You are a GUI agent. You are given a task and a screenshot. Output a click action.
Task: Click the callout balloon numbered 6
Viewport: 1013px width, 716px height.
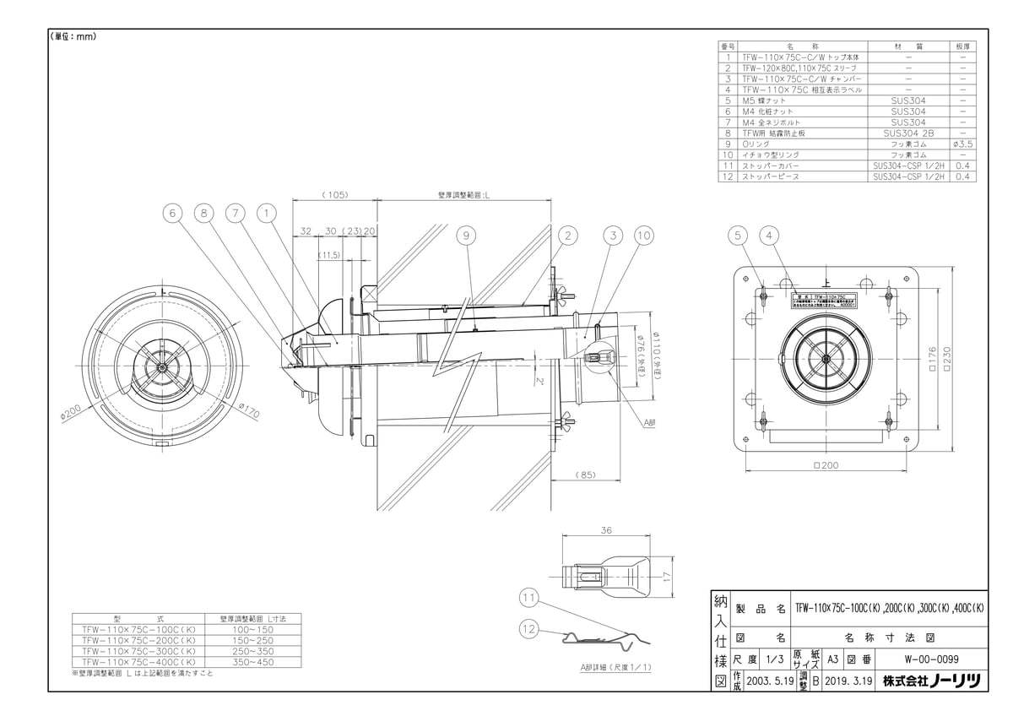coord(173,214)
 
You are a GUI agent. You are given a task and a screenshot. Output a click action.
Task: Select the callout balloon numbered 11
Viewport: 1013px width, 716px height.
coord(529,599)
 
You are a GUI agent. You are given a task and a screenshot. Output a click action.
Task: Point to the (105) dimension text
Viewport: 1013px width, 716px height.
coord(335,194)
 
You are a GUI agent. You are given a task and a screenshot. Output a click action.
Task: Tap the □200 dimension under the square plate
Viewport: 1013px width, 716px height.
coord(826,465)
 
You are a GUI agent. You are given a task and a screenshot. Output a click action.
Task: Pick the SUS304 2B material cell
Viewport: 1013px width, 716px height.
coord(907,133)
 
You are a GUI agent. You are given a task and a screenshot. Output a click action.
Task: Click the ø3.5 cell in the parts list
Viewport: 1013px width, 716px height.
coord(963,144)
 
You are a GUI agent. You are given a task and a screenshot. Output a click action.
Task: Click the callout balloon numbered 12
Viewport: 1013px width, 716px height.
coord(529,628)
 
